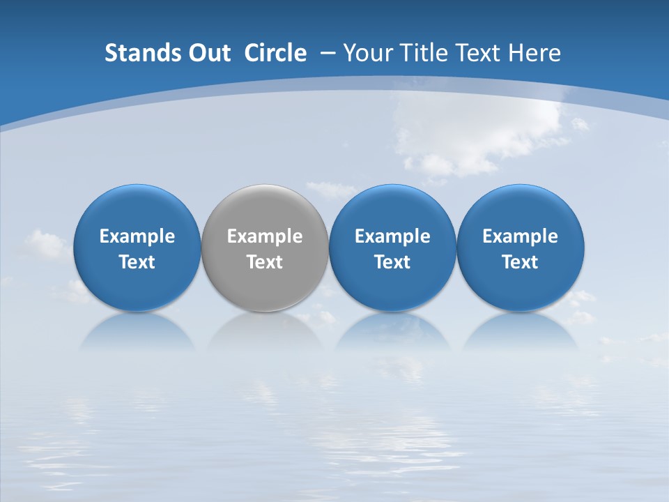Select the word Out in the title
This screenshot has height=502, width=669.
208,53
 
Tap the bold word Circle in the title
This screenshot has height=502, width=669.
275,53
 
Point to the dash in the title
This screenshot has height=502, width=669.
326,53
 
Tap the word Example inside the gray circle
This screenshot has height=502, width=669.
265,236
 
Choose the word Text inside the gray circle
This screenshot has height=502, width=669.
265,262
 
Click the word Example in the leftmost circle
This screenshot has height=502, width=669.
137,236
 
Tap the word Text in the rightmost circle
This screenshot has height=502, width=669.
521,262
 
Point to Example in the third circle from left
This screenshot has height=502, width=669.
392,236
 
